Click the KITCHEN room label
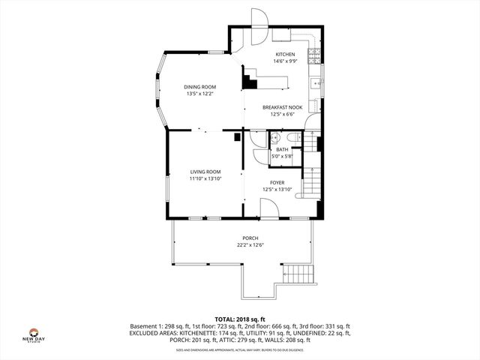285,55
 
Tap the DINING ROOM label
200,87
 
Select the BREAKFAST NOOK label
283,107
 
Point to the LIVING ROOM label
205,172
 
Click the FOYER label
277,182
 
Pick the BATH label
282,149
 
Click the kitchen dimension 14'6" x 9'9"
285,61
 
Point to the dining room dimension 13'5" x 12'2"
200,94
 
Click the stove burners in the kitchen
316,54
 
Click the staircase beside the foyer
310,182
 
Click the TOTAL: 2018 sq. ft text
240,319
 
